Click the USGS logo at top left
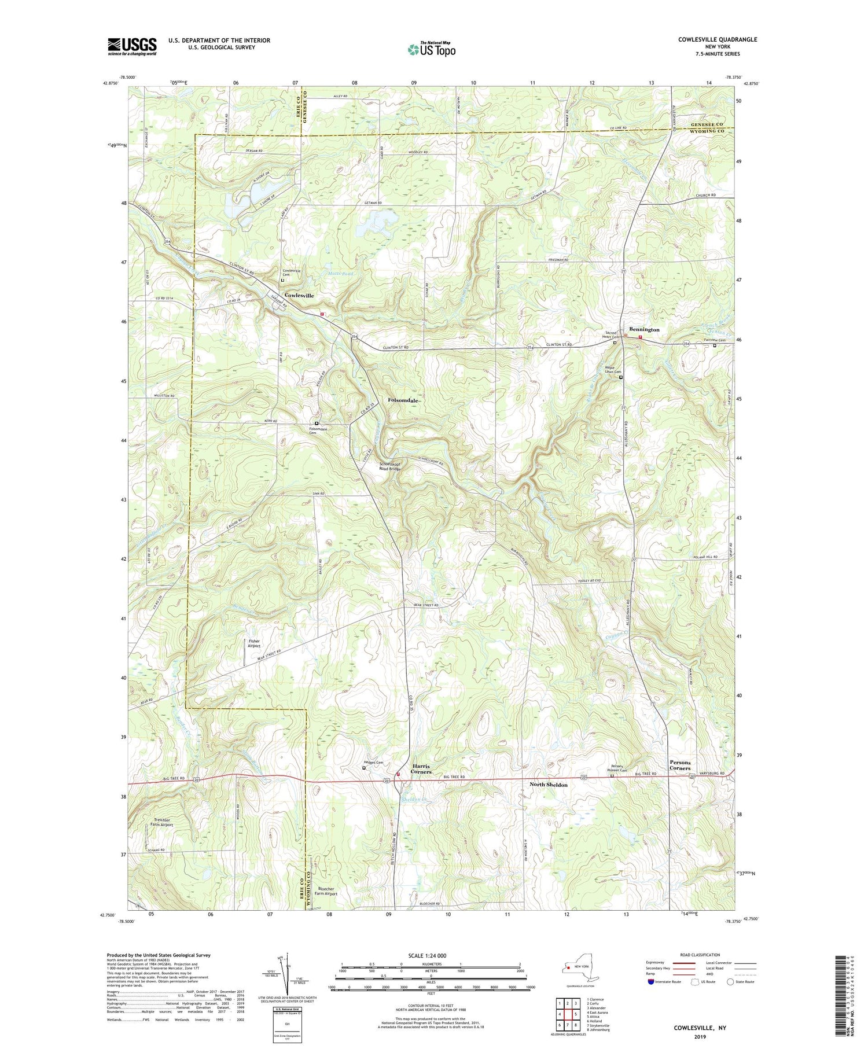[132, 46]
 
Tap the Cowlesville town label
[299, 296]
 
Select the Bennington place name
[644, 329]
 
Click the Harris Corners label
[421, 769]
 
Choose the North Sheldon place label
[549, 785]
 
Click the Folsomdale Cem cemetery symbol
[317, 424]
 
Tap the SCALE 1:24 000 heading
[431, 955]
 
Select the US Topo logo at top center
[431, 49]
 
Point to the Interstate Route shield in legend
[651, 982]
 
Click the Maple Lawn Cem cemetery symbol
[621, 377]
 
